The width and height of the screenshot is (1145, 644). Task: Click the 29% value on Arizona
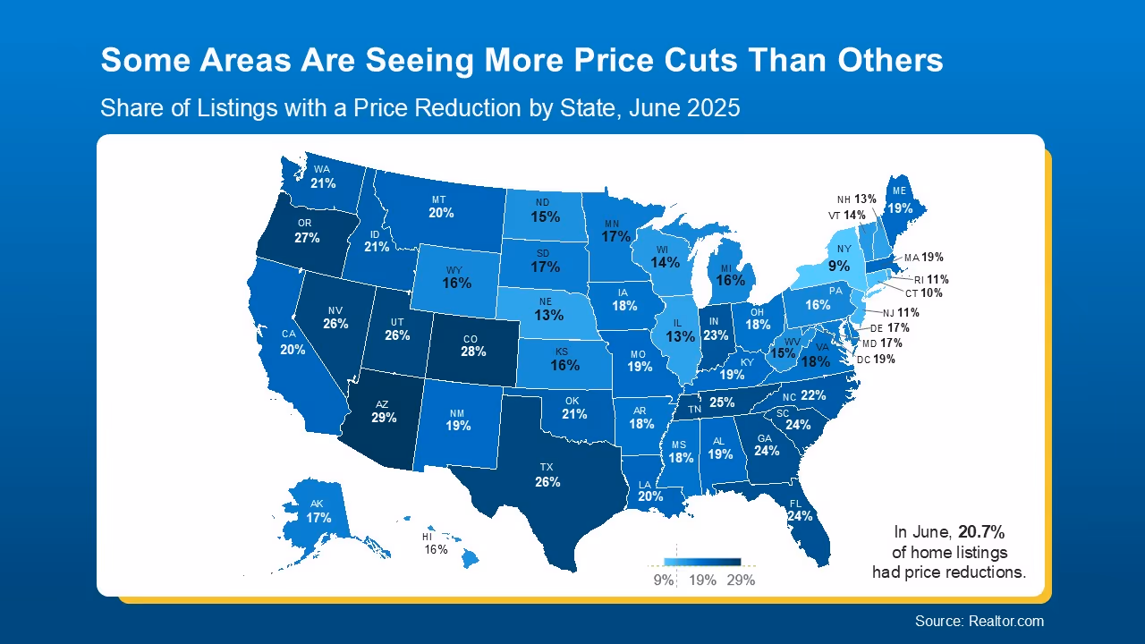click(x=384, y=418)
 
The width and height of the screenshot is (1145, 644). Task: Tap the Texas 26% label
click(x=547, y=482)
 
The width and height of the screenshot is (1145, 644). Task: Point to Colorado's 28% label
click(x=473, y=352)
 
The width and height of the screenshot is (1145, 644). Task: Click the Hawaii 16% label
click(x=436, y=549)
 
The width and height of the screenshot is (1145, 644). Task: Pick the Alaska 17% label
click(x=318, y=518)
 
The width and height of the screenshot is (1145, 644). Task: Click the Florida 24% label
click(x=800, y=515)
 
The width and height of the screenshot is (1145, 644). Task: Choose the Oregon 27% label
click(x=307, y=238)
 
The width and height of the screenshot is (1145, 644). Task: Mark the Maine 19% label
click(x=900, y=208)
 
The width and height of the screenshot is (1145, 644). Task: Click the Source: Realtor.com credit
click(x=979, y=621)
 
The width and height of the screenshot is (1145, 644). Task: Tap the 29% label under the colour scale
click(x=741, y=580)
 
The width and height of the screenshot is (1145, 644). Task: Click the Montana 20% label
click(x=441, y=213)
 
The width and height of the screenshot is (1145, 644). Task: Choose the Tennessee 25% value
click(x=722, y=403)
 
